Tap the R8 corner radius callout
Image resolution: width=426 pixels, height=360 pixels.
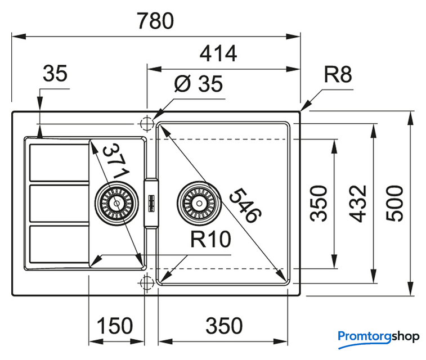338,75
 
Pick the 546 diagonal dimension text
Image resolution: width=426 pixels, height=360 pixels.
245,205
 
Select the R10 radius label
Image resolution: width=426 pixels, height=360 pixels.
210,240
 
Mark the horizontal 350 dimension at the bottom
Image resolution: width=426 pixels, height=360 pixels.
223,326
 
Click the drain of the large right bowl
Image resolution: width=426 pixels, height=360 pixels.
197,201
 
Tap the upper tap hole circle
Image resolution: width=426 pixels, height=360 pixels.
147,123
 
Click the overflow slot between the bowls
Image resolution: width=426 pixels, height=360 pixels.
151,202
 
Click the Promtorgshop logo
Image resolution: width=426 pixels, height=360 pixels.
378,337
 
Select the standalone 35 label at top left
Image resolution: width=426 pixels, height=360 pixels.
55,73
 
